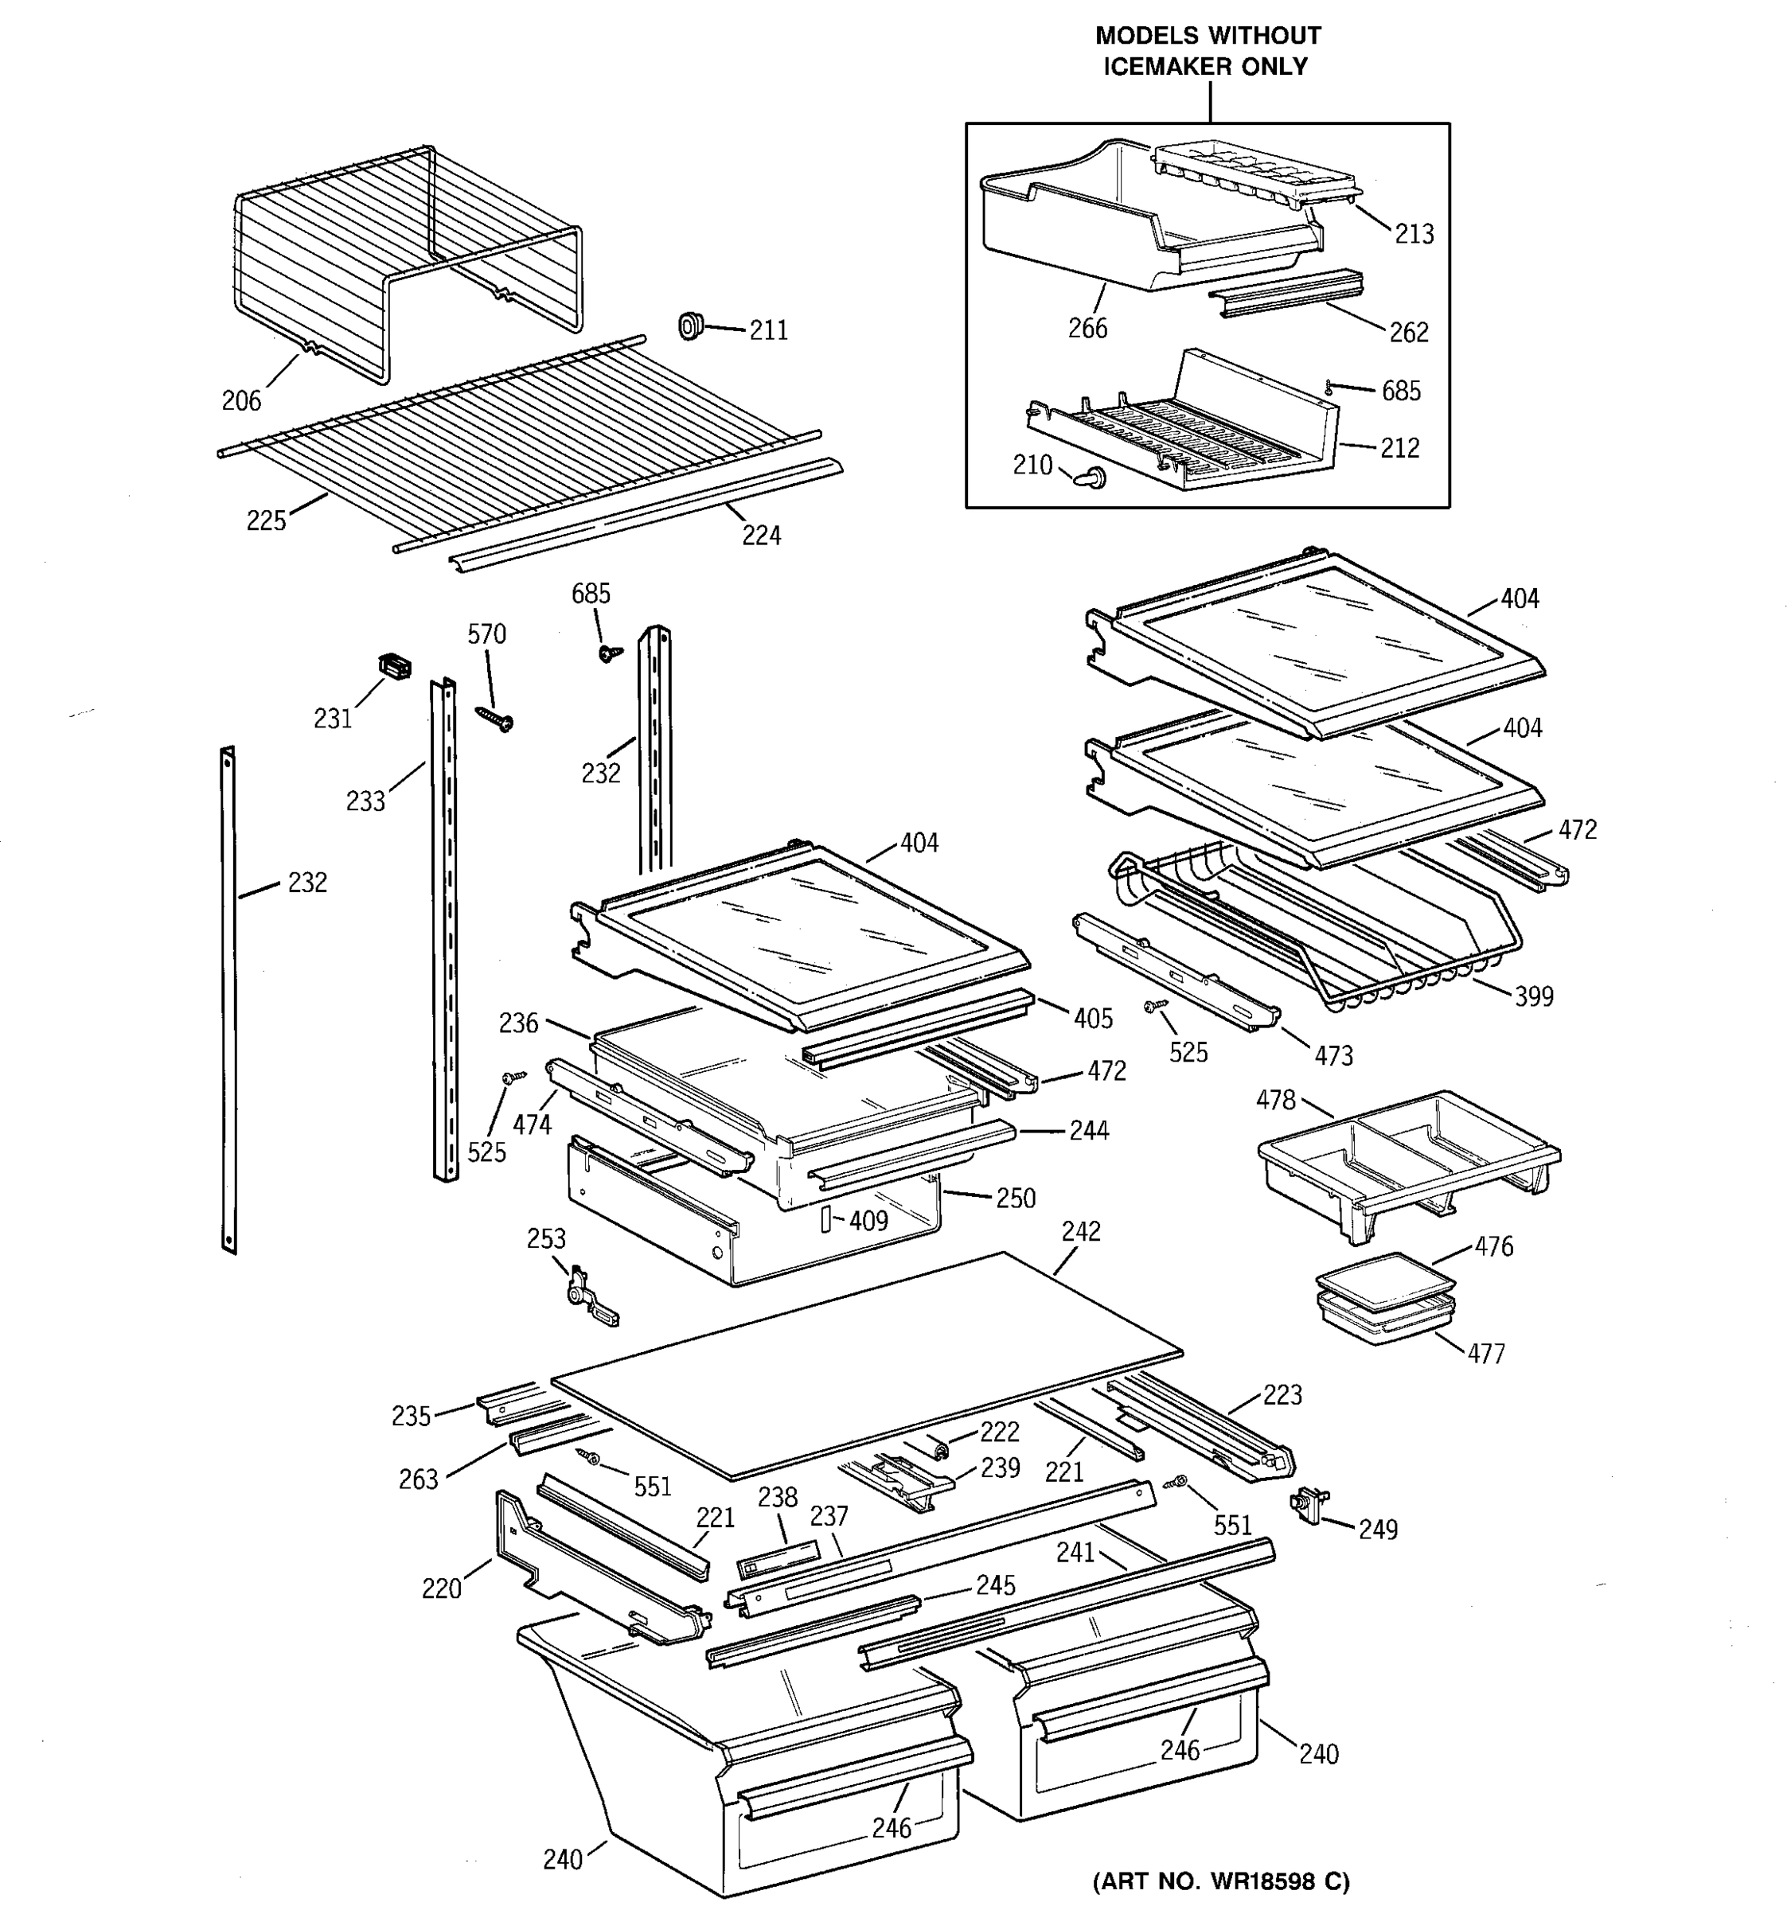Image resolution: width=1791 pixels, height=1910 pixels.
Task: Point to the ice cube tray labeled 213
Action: (x=1254, y=174)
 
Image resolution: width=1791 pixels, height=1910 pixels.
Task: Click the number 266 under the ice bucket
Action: (x=1087, y=329)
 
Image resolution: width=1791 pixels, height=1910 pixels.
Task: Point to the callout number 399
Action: (x=1534, y=996)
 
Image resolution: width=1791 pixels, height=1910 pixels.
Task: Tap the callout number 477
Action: (x=1485, y=1354)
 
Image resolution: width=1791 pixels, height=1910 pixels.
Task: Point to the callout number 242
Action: (x=1081, y=1232)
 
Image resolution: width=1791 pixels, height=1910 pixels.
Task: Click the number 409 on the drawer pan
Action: (x=868, y=1221)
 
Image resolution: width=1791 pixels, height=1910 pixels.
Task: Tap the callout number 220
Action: (x=441, y=1589)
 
